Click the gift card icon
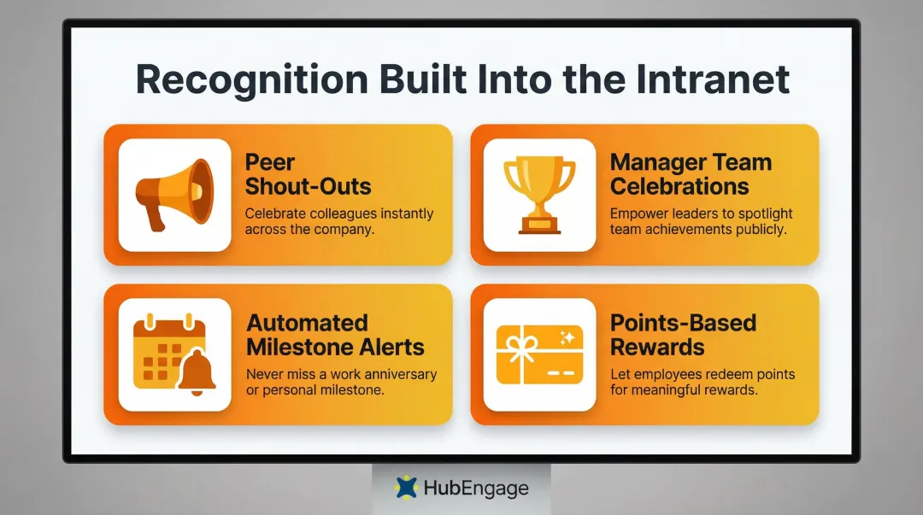[x=539, y=354]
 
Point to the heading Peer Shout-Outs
[x=308, y=174]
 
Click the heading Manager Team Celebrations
[x=691, y=174]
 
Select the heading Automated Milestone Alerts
[x=335, y=335]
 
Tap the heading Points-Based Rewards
[x=682, y=335]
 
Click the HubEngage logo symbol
[x=407, y=488]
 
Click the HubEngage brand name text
[x=475, y=489]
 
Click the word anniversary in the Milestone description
[x=398, y=374]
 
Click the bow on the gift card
[x=520, y=345]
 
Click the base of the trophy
[x=539, y=226]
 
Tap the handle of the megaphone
[x=156, y=217]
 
